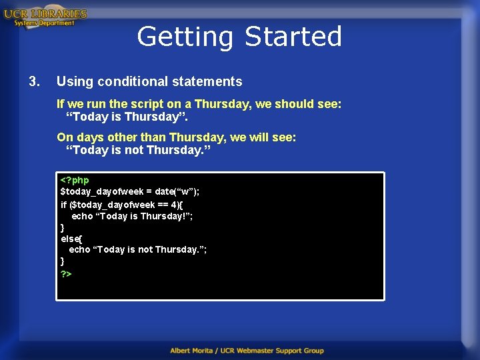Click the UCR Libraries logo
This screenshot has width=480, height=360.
tap(45, 17)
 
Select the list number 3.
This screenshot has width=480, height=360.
tap(34, 81)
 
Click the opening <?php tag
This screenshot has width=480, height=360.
tap(75, 180)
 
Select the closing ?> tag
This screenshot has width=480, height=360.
tap(66, 273)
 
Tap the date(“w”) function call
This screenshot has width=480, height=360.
tap(177, 191)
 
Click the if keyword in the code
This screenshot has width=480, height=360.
tap(64, 204)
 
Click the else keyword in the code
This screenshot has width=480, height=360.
tap(69, 238)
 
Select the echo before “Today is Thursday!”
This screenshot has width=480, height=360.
tap(82, 216)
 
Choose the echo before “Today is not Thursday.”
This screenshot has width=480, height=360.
tap(79, 249)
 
